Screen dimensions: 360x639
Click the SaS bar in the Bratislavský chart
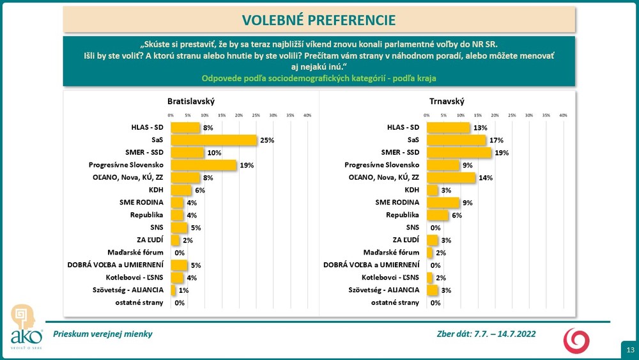tap(213, 140)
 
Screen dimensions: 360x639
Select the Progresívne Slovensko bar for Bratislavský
tap(203, 165)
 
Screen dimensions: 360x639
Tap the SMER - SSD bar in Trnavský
tap(458, 152)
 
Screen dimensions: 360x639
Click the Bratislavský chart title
tap(190, 102)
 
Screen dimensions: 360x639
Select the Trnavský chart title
tap(447, 102)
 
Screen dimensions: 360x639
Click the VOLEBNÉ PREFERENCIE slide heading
tap(319, 19)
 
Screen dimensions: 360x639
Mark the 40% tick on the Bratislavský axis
tap(307, 115)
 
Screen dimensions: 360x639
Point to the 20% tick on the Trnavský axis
tap(495, 115)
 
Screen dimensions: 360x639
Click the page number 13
tap(630, 350)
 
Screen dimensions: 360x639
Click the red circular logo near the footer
tap(576, 340)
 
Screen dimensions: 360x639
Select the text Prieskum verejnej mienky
tap(103, 334)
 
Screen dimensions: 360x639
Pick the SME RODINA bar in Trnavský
tap(442, 202)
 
